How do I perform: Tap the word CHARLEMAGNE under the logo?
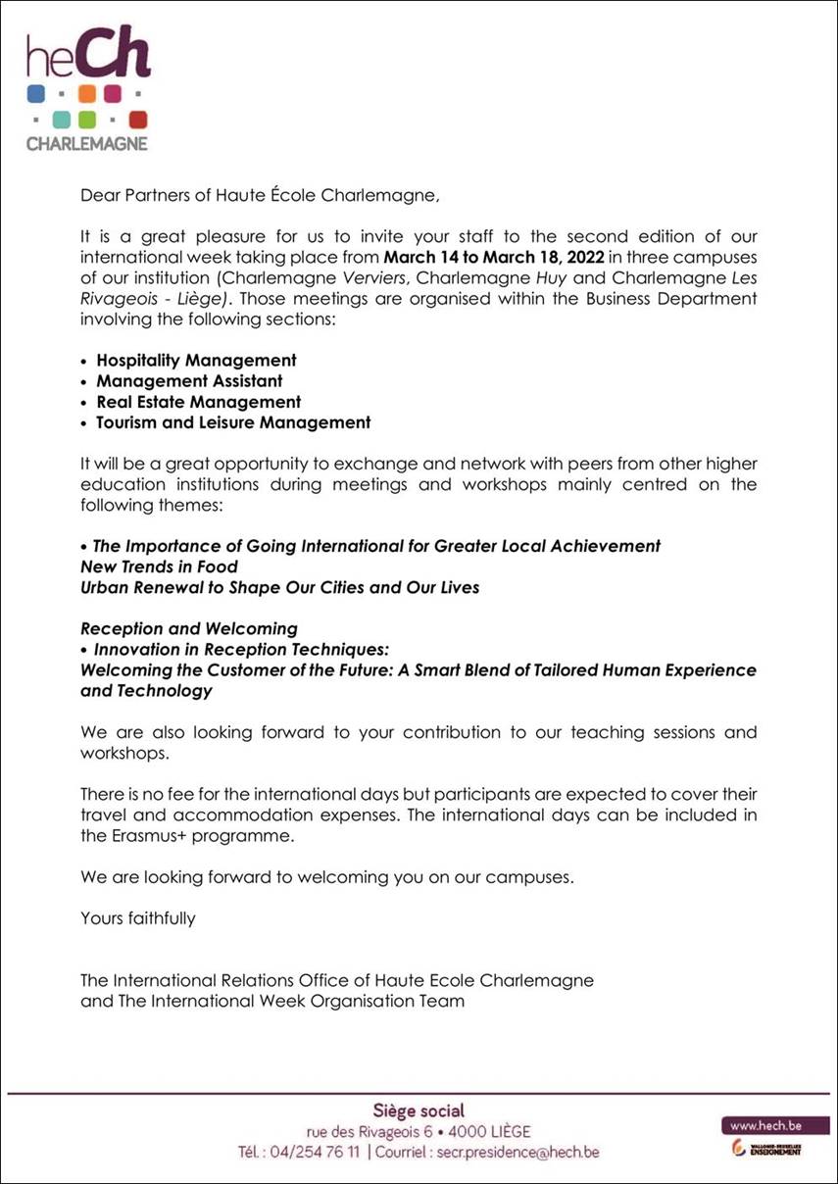pos(87,143)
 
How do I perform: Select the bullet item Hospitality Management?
pos(196,361)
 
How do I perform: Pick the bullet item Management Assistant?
pos(189,381)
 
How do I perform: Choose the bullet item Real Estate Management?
pos(198,402)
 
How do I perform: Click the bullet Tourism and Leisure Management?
pos(233,422)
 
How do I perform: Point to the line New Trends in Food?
pos(159,567)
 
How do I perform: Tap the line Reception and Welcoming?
pos(189,628)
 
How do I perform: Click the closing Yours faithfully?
pos(138,918)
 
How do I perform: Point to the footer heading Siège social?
pos(419,1110)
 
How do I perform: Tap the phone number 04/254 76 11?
pos(314,1152)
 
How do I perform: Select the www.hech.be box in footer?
pos(765,1125)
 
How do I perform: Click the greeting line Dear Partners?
pos(260,195)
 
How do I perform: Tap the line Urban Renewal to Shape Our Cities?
pos(279,587)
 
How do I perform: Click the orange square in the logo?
pos(87,94)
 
